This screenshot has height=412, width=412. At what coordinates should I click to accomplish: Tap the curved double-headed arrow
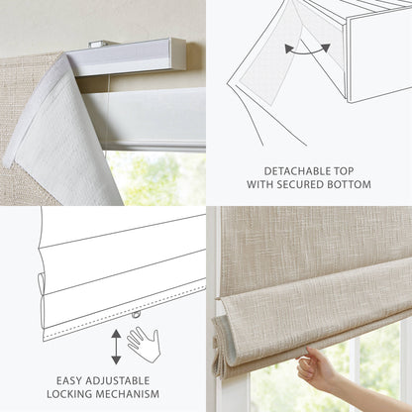click(308, 48)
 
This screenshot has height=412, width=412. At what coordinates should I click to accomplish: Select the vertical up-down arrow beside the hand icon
click(116, 345)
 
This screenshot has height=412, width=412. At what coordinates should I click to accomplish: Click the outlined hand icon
click(144, 344)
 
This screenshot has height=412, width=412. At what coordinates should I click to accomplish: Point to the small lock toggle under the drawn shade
click(135, 316)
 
